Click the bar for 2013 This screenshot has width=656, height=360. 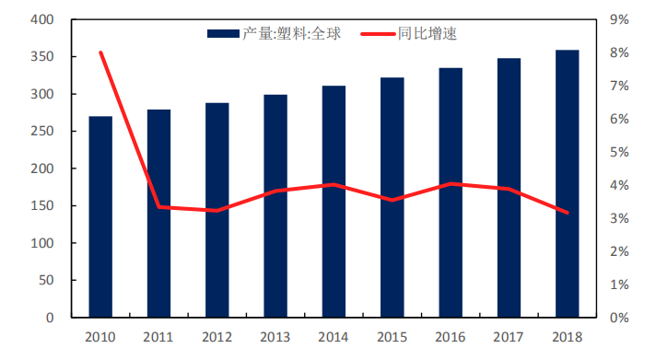coord(275,206)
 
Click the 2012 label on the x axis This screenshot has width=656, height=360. coord(217,337)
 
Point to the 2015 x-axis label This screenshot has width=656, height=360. coord(392,337)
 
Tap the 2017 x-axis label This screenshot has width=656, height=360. coord(509,337)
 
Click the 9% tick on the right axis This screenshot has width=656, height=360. coord(619,19)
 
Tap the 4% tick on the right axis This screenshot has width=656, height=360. coord(619,185)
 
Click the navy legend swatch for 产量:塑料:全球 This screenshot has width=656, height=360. coord(223,34)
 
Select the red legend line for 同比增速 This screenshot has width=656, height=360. coord(370,34)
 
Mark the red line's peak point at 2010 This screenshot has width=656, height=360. coord(100,52)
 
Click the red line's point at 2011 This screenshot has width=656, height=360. coord(158,207)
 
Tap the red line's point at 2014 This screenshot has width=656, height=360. coord(334,185)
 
